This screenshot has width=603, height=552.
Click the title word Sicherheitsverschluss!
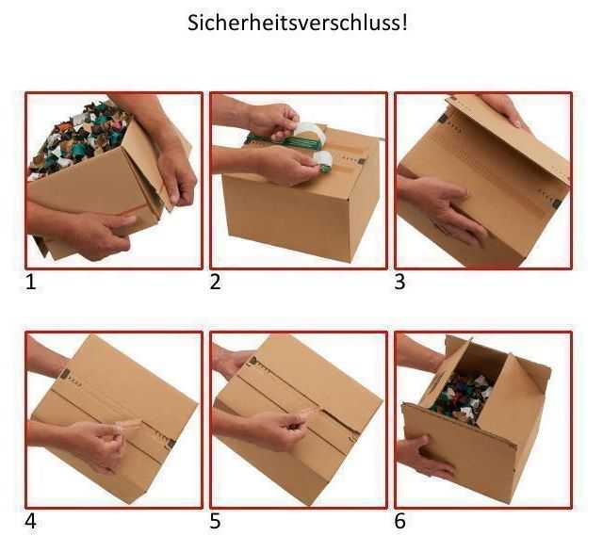(299, 23)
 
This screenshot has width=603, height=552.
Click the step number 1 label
(33, 282)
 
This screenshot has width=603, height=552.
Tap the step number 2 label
(216, 282)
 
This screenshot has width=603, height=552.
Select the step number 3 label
(400, 282)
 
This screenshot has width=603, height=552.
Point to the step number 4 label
(33, 520)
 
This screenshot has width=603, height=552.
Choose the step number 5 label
(216, 520)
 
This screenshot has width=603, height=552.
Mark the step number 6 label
(400, 520)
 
